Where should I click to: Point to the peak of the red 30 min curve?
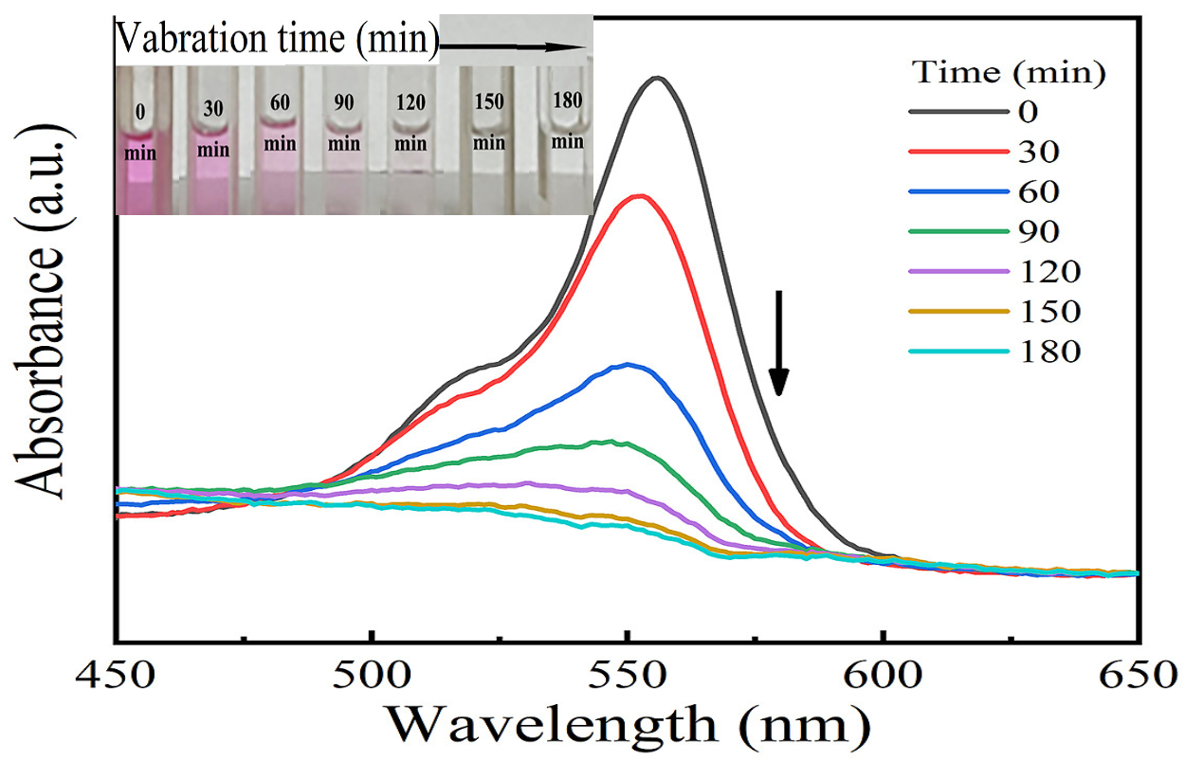point(642,196)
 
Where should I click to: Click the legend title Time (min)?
point(1010,71)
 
